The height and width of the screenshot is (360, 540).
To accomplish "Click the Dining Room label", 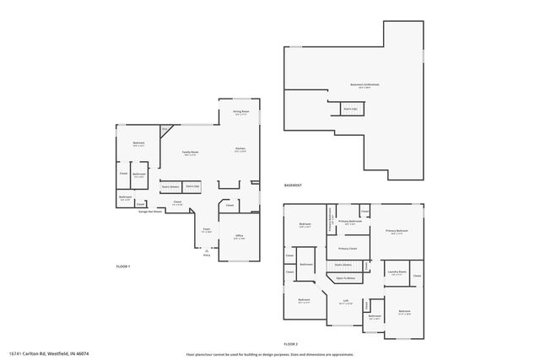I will (240, 111).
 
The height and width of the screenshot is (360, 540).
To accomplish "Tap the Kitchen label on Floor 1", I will (240, 149).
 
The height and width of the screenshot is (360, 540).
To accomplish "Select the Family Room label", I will (190, 153).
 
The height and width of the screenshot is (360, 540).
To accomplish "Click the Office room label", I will (239, 236).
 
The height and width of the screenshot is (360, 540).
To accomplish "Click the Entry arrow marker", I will (207, 252).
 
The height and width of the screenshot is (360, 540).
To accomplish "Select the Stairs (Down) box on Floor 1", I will (170, 186).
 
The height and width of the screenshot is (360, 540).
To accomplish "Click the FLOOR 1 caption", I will (124, 266).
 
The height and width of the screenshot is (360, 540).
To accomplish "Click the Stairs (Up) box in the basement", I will (350, 109).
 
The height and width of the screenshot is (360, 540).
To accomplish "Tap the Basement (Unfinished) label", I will (364, 85).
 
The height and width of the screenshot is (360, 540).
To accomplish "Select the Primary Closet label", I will (348, 249).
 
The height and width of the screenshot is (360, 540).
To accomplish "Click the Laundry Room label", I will (397, 272).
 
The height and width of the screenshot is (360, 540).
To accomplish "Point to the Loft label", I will (346, 301).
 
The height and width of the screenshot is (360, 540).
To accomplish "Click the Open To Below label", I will (345, 277).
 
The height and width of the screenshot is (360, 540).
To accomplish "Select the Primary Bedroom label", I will (397, 231).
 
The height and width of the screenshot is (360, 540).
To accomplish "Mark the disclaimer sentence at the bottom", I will (270, 354).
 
